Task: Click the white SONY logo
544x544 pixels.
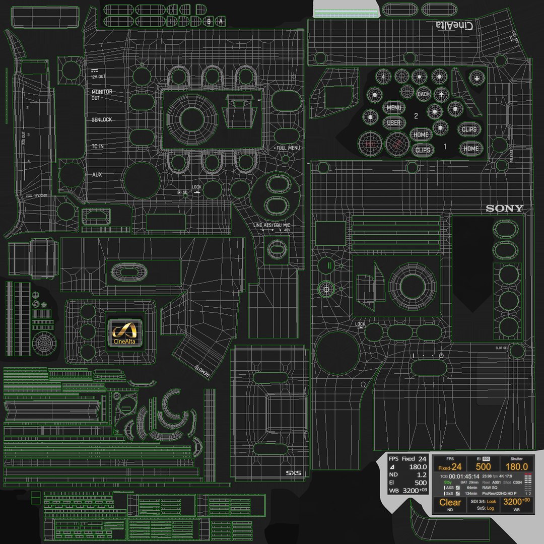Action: (504, 209)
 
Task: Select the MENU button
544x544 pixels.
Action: (394, 108)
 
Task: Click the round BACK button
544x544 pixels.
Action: (424, 94)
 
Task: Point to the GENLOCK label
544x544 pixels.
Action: (102, 120)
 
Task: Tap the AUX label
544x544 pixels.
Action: (97, 175)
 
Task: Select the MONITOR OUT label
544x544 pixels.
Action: (102, 95)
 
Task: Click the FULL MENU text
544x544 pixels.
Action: (288, 148)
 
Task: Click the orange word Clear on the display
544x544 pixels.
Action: (450, 502)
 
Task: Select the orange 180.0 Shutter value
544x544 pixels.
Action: (516, 467)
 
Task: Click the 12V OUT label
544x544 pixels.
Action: (98, 76)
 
